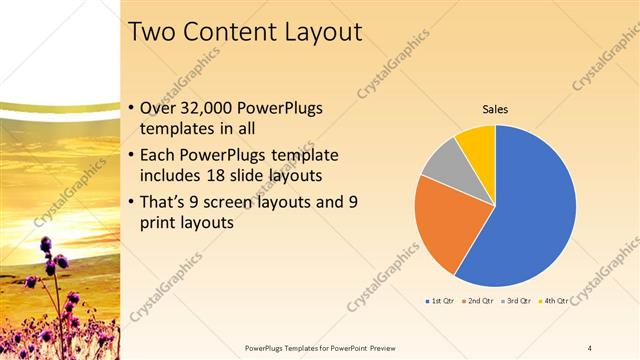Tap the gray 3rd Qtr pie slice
(440, 165)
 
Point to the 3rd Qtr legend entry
(517, 300)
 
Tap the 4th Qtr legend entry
(554, 300)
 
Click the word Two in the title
(153, 32)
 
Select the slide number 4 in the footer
(589, 347)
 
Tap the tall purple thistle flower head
(47, 244)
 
